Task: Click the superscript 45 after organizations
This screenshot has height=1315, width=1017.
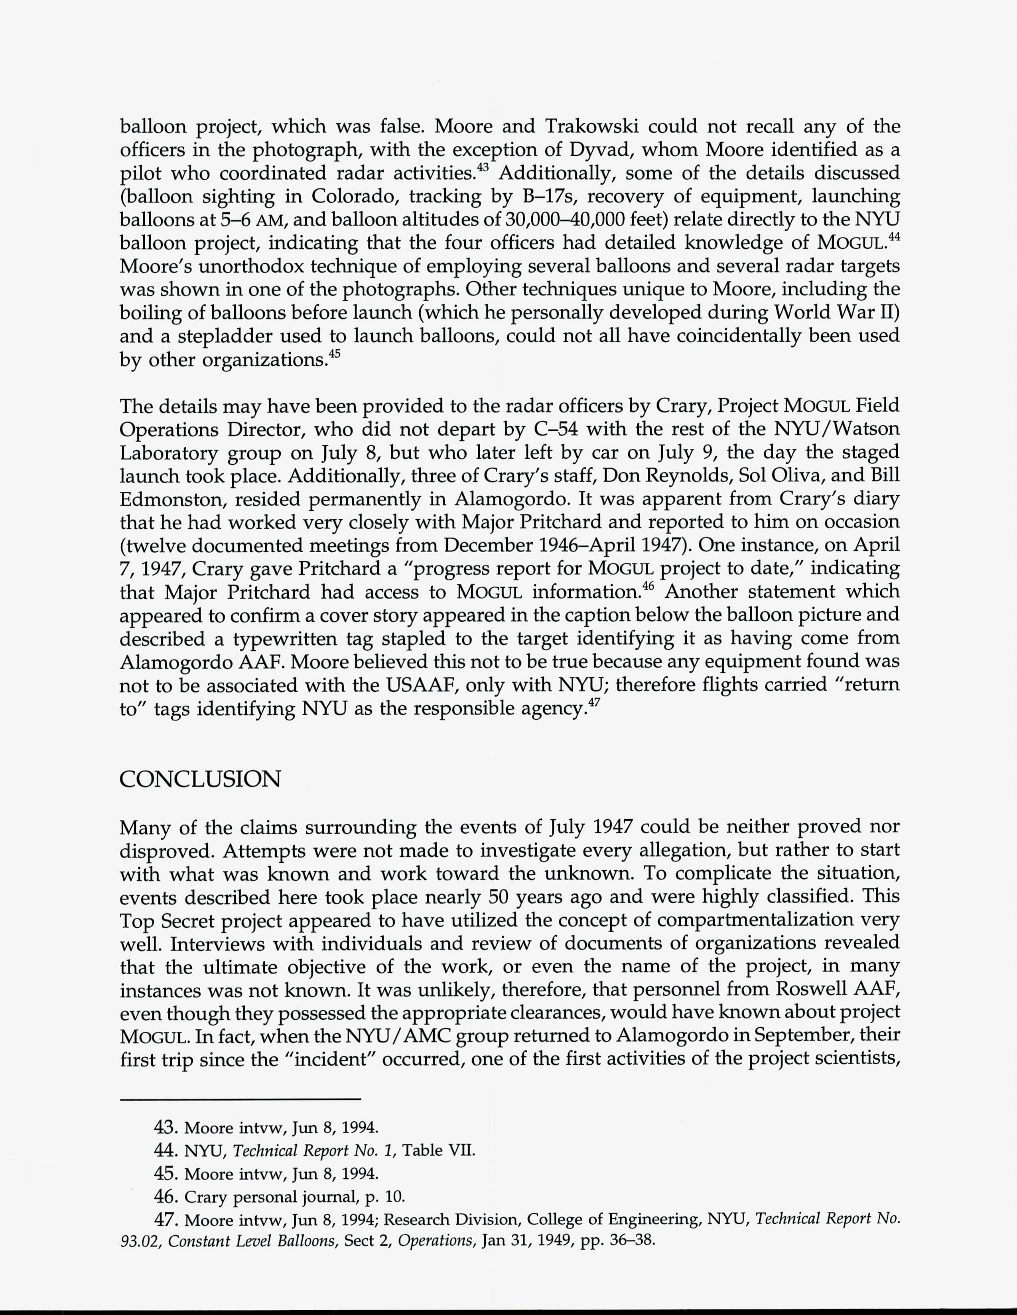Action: [335, 355]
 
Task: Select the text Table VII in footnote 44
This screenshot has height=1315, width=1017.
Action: [439, 1151]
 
